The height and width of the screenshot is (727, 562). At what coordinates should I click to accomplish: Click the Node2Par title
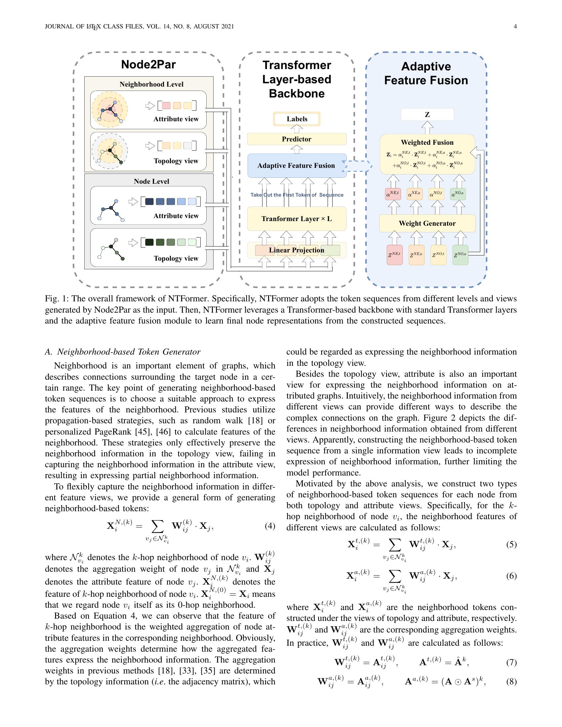[x=148, y=64]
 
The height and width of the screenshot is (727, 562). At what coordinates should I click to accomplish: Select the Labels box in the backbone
[x=297, y=119]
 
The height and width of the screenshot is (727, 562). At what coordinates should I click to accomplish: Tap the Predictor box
[x=297, y=139]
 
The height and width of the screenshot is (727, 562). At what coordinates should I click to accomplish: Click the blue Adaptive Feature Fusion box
[x=297, y=166]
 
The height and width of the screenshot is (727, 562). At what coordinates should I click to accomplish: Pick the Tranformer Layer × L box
[x=297, y=219]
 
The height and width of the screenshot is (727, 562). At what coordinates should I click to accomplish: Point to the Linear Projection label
[x=297, y=250]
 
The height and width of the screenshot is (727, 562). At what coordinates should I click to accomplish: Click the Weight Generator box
[x=427, y=223]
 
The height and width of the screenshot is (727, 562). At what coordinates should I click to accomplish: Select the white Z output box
[x=427, y=115]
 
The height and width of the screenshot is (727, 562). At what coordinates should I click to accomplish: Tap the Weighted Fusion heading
[x=427, y=142]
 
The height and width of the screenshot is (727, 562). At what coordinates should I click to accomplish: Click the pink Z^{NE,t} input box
[x=394, y=255]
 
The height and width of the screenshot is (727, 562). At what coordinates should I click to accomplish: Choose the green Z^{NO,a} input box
[x=460, y=255]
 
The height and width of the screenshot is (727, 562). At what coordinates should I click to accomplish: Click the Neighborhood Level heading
[x=151, y=84]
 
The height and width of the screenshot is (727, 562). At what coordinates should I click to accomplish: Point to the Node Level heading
[x=151, y=181]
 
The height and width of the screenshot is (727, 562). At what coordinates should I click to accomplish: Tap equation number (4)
[x=270, y=526]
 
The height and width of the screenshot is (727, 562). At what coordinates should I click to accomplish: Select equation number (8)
[x=511, y=682]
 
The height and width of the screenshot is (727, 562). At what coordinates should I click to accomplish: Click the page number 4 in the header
[x=515, y=27]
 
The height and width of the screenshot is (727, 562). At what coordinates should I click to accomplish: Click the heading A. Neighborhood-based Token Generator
[x=123, y=352]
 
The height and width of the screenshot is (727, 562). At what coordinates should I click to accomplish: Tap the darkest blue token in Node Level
[x=149, y=201]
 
